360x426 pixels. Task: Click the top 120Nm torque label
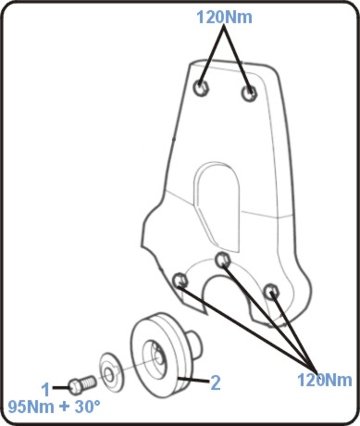pos(224,17)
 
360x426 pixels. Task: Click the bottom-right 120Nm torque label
pos(325,380)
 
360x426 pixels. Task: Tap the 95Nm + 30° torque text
pos(54,407)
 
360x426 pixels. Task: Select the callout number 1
pos(45,390)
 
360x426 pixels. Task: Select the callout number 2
pos(216,382)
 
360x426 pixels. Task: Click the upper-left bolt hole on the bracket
pos(202,88)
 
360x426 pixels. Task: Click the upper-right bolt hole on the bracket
pos(249,93)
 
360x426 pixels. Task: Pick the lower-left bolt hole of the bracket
pos(180,281)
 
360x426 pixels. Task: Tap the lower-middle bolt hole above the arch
pos(222,260)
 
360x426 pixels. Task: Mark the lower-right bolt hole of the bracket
pos(272,291)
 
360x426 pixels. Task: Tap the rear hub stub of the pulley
pos(195,341)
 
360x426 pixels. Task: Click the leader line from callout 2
pos(193,380)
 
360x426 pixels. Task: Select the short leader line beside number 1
pos(61,387)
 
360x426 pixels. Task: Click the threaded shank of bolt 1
pos(89,382)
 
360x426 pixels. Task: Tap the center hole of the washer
pos(108,375)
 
